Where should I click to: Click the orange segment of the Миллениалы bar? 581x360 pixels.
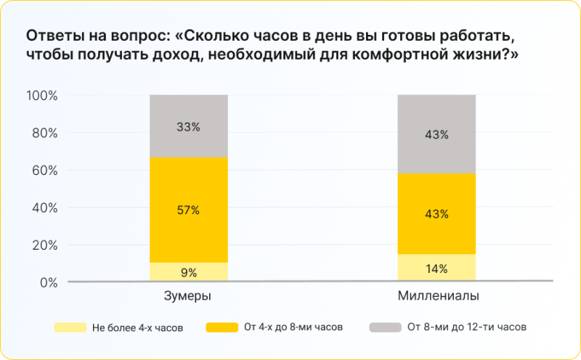[x=436, y=232]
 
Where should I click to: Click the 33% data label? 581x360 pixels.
[x=189, y=126]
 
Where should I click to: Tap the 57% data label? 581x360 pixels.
[x=189, y=210]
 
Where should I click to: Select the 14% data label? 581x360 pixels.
[x=436, y=269]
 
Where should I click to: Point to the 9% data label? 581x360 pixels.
[x=189, y=273]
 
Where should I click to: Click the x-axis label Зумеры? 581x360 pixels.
[x=189, y=297]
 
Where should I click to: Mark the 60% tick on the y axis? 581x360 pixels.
[x=44, y=171]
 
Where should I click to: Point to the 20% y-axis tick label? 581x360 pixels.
[x=44, y=245]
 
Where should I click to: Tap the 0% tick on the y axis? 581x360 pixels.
[x=49, y=282]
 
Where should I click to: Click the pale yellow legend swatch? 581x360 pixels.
[x=70, y=327]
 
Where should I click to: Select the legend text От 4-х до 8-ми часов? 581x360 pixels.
[x=294, y=327]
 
